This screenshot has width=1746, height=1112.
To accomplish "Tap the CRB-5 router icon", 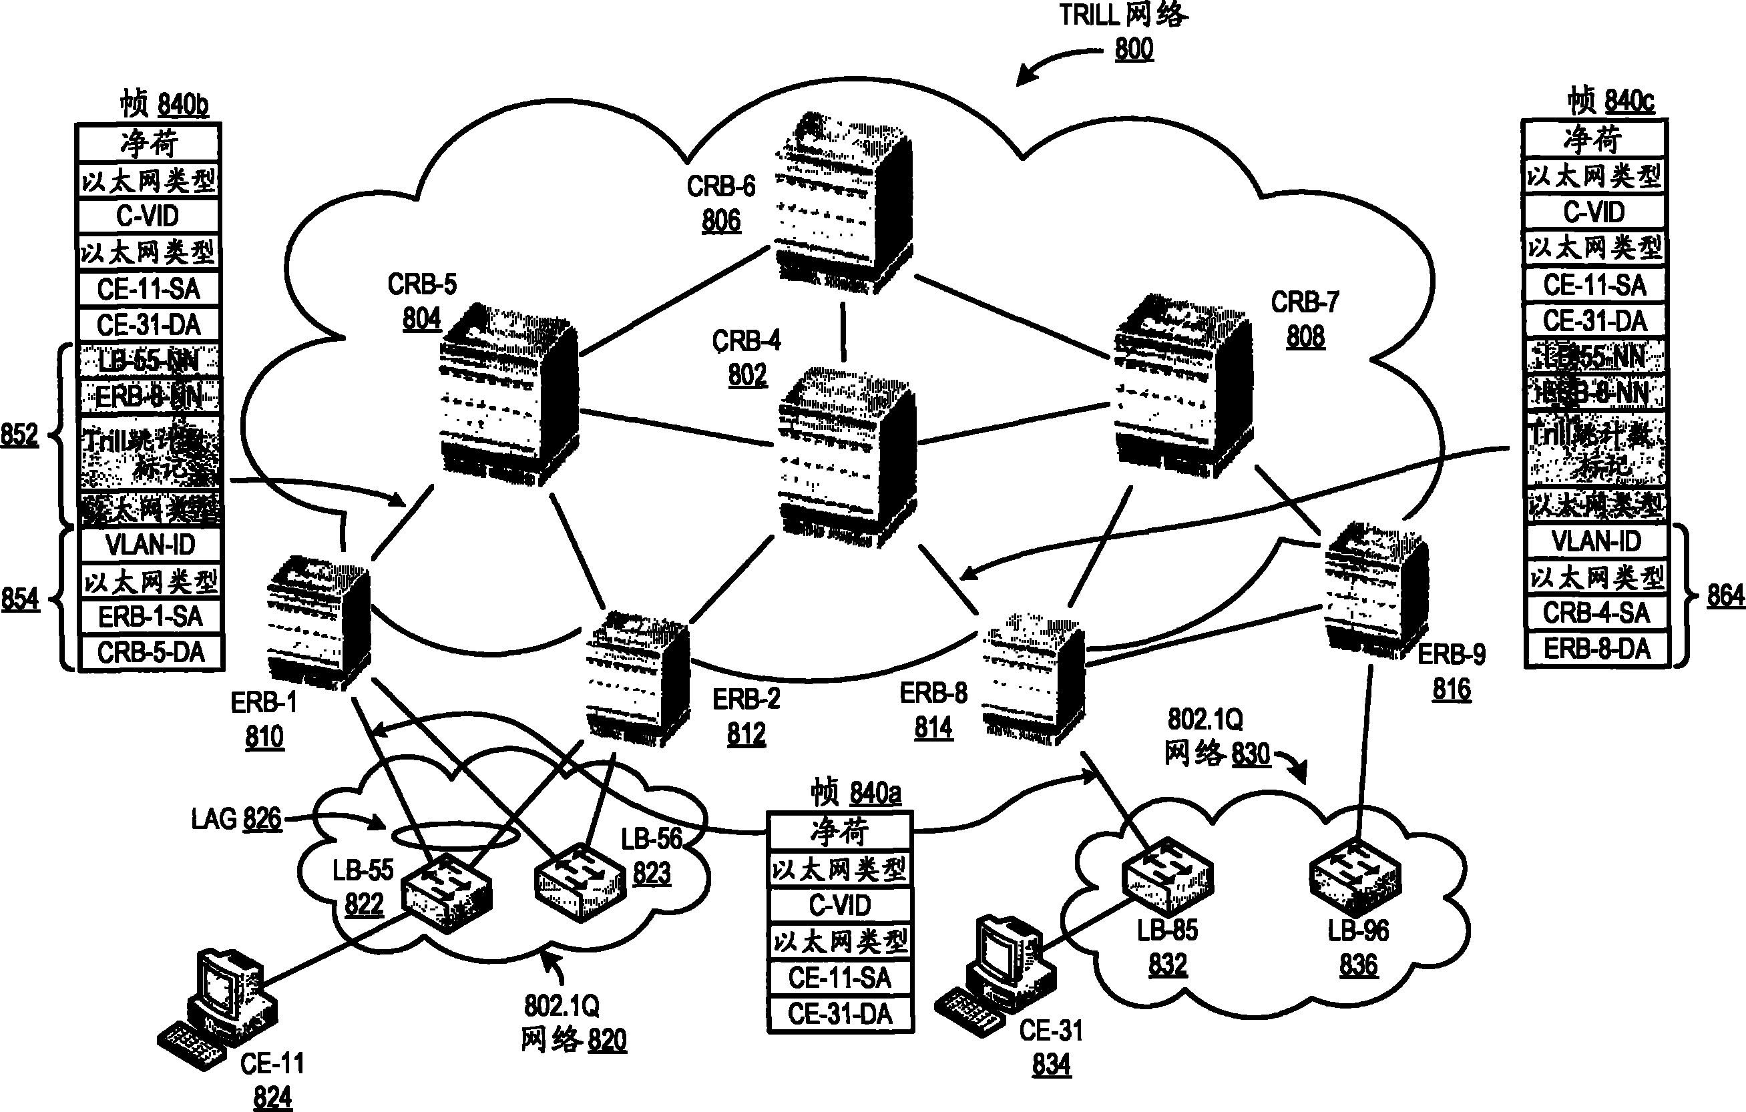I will pyautogui.click(x=507, y=395).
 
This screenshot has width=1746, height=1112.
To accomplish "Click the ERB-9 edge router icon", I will pyautogui.click(x=1374, y=591).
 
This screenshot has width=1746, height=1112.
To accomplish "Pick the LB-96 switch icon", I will pyautogui.click(x=1355, y=877).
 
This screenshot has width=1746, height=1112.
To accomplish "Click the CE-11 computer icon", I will pyautogui.click(x=218, y=1008).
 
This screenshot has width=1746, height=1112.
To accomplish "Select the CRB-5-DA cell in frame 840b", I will pyautogui.click(x=151, y=652).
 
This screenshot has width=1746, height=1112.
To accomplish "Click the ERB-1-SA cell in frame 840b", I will pyautogui.click(x=151, y=617).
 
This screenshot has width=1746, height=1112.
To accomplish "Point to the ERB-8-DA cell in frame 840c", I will pyautogui.click(x=1596, y=649).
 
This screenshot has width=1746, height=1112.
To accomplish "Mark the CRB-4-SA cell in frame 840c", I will pyautogui.click(x=1596, y=613).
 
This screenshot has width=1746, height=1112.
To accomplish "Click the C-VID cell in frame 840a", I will pyautogui.click(x=840, y=904).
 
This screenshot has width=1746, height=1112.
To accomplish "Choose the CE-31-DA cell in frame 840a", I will pyautogui.click(x=840, y=1013).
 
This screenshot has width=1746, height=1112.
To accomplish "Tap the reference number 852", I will pyautogui.click(x=19, y=435).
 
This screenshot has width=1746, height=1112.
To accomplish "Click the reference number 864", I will pyautogui.click(x=1726, y=596).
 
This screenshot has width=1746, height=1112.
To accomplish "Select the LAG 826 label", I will pyautogui.click(x=236, y=819).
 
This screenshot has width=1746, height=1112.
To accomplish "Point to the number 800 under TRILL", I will pyautogui.click(x=1134, y=49).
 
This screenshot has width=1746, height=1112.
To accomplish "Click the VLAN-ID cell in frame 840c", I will pyautogui.click(x=1596, y=541).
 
